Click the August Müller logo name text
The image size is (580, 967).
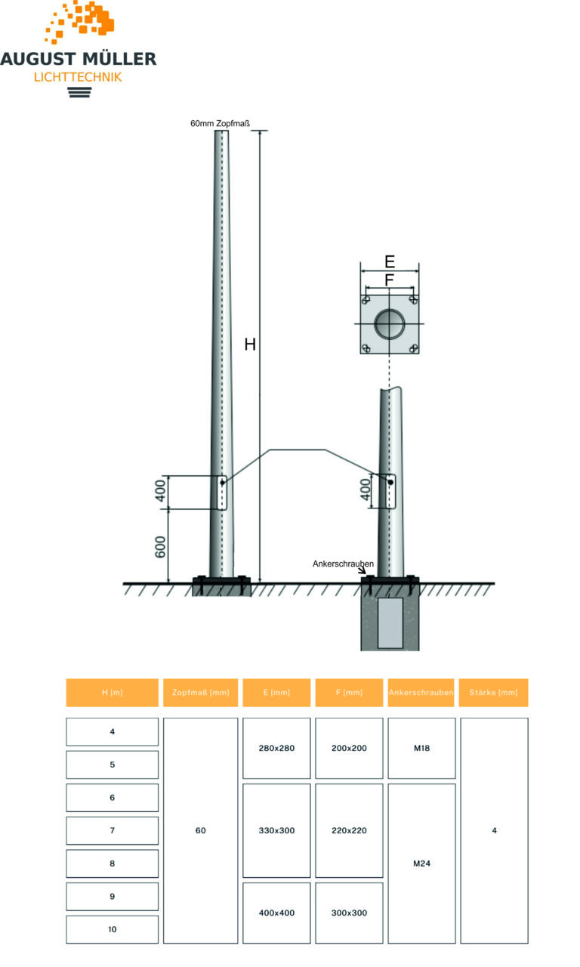tap(79, 58)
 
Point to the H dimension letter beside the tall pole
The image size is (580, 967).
tap(250, 345)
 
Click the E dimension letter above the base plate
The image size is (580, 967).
tap(389, 262)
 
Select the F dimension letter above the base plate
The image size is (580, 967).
tap(389, 280)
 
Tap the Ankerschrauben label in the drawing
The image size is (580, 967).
tap(343, 564)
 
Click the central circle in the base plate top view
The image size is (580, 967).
tap(390, 324)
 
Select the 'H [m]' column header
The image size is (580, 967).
tap(112, 693)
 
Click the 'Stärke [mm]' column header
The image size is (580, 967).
tap(494, 693)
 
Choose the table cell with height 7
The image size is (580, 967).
tap(112, 830)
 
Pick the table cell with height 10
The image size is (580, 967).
tap(112, 929)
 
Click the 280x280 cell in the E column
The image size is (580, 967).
tap(276, 748)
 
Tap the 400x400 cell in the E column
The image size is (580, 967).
tap(276, 913)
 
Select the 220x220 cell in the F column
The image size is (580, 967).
tap(349, 830)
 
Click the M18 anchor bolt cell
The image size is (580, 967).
tap(421, 748)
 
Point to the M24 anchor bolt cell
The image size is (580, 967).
tap(421, 863)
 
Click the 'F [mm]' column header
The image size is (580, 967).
tap(349, 693)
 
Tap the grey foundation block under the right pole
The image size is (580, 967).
tap(390, 623)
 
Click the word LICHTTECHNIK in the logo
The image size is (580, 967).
tap(79, 77)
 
